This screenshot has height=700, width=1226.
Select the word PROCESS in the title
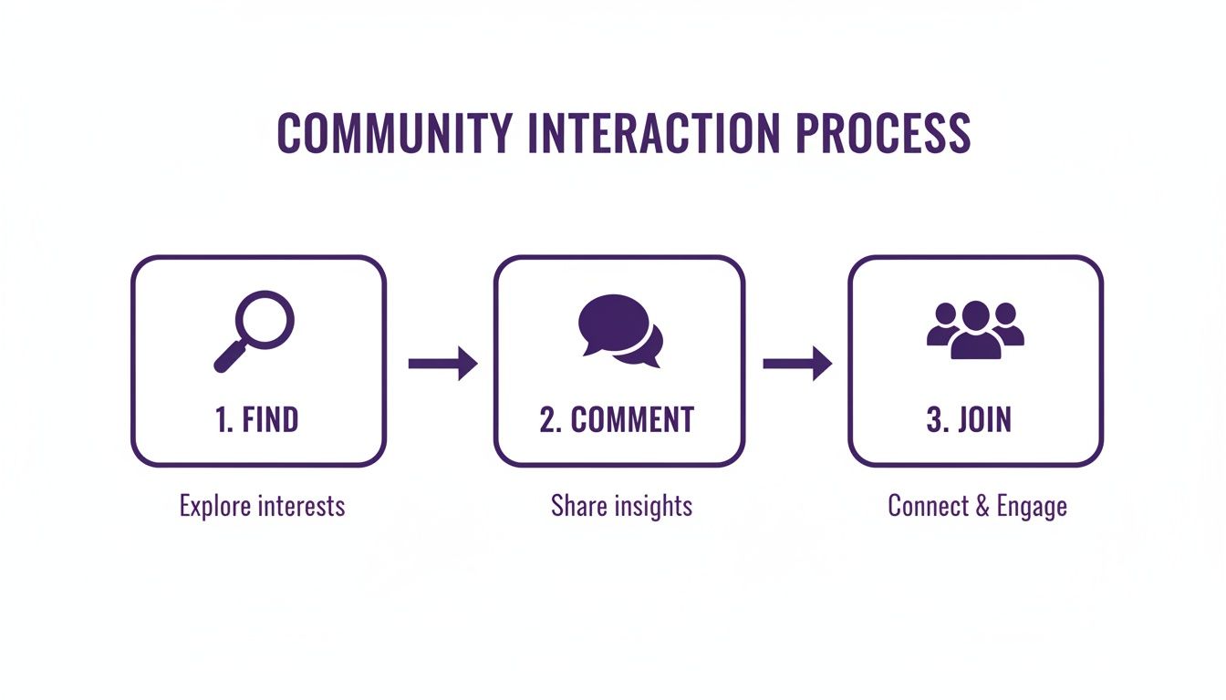pyautogui.click(x=882, y=133)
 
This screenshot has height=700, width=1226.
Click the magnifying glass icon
pyautogui.click(x=255, y=330)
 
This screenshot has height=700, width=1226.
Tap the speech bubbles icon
pyautogui.click(x=620, y=330)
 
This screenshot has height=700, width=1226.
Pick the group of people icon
pyautogui.click(x=975, y=330)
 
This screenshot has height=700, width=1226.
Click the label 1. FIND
pyautogui.click(x=257, y=420)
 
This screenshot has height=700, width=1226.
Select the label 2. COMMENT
pyautogui.click(x=617, y=420)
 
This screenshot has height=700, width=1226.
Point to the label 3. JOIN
pyautogui.click(x=969, y=420)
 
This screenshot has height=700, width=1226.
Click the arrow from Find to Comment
pyautogui.click(x=442, y=364)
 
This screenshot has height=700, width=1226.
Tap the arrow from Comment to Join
pyautogui.click(x=797, y=364)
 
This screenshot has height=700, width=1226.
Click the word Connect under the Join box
pyautogui.click(x=927, y=506)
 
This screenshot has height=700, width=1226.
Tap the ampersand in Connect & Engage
pyautogui.click(x=982, y=506)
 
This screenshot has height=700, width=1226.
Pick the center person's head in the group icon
pyautogui.click(x=975, y=314)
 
